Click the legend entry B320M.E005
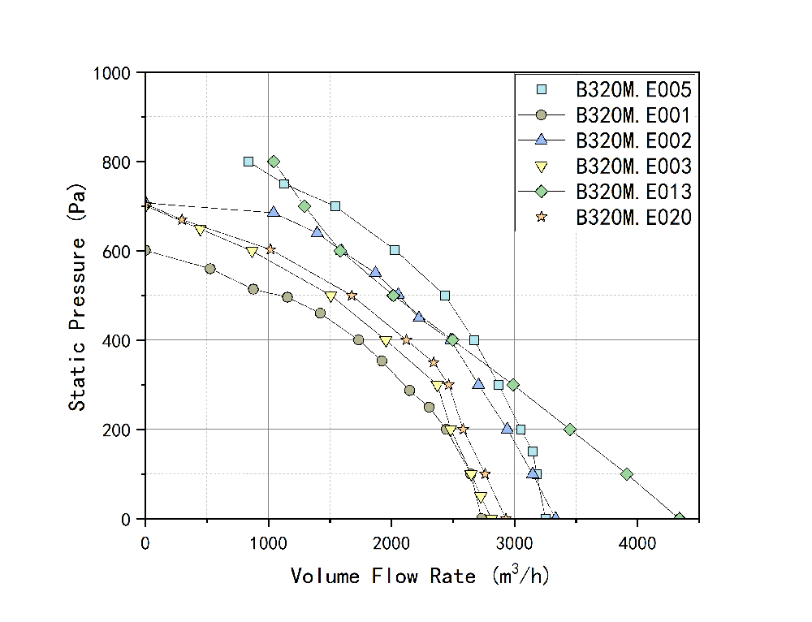(633, 89)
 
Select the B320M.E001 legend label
(633, 114)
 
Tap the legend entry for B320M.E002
(633, 140)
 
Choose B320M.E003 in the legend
(633, 166)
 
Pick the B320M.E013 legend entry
(633, 192)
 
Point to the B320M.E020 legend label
(633, 218)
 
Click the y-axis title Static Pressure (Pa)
(77, 296)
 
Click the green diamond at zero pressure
(680, 518)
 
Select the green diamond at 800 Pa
(274, 162)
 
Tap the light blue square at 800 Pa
(248, 162)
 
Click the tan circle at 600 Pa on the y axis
(145, 250)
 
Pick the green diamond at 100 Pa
(626, 473)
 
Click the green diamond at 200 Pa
(570, 429)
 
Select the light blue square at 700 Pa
(335, 206)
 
